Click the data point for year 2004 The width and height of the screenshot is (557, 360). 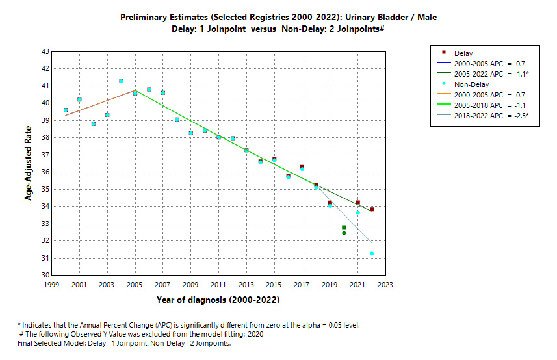(121, 81)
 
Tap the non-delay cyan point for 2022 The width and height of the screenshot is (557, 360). (372, 253)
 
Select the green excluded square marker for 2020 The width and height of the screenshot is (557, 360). (344, 227)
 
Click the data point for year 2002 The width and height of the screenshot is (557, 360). (94, 124)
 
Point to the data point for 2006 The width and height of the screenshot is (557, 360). (149, 90)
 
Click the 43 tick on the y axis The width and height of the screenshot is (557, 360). (45, 51)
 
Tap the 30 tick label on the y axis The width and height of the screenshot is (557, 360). (45, 275)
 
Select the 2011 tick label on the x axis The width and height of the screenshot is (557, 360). (218, 285)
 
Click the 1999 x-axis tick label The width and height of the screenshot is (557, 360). (51, 285)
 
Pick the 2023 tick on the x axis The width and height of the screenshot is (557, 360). (385, 285)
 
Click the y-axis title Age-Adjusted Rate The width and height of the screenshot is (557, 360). (29, 163)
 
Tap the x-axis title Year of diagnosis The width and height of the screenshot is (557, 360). (218, 300)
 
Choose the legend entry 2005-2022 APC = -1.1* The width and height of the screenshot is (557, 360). (491, 74)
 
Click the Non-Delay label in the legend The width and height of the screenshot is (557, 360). (472, 84)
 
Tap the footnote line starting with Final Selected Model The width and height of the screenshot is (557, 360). (124, 343)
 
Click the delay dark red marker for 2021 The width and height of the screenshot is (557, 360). (358, 203)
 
